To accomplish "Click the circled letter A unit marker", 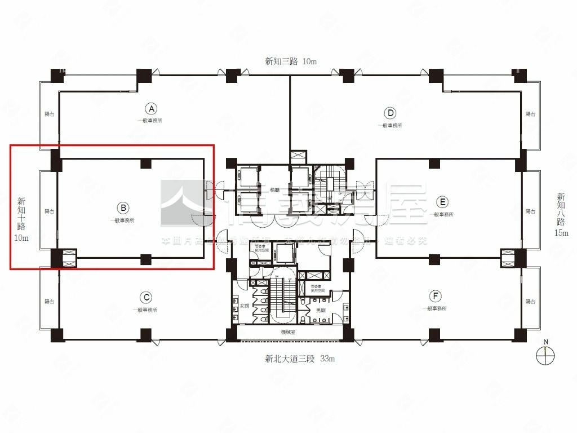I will point(150,108).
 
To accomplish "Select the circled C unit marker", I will point(145,297).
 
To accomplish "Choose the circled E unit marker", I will point(442,202).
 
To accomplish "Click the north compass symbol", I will point(546,356).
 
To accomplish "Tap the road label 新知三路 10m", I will point(291,61).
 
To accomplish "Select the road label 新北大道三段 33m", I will point(300,358).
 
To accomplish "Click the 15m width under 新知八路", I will point(561,232).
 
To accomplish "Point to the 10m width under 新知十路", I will point(21,238).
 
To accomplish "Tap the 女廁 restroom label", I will point(245,305).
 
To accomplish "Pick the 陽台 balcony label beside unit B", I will point(50,211).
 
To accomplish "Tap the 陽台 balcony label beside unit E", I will point(530,211).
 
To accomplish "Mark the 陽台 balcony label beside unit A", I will point(50,114).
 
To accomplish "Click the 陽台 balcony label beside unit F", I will point(530,302).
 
